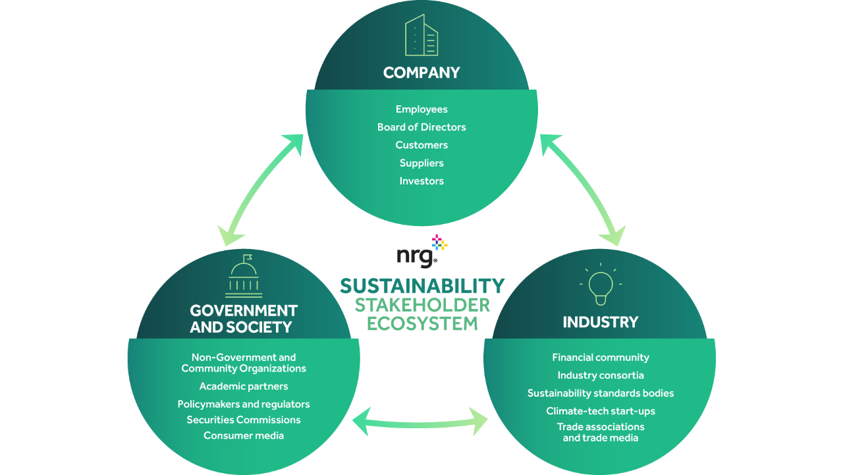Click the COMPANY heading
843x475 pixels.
(x=421, y=72)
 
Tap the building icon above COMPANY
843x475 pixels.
(x=421, y=36)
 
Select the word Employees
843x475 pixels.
(x=421, y=109)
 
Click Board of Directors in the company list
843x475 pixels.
(x=421, y=127)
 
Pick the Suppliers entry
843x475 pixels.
(x=421, y=163)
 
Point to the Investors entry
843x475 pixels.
(x=421, y=181)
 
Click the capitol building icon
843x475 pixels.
(x=244, y=277)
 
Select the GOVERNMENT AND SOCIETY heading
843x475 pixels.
(x=244, y=318)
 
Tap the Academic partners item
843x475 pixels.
(x=244, y=386)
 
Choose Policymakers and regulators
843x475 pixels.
(x=244, y=404)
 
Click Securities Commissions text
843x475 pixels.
(x=244, y=420)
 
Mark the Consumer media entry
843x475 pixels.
(x=244, y=435)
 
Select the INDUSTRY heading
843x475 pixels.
(x=601, y=322)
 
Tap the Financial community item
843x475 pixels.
(x=601, y=358)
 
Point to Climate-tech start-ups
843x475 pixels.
(x=601, y=411)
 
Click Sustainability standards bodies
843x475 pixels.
(x=601, y=393)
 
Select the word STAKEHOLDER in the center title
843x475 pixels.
(x=422, y=305)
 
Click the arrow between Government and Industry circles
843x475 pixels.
(x=421, y=422)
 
